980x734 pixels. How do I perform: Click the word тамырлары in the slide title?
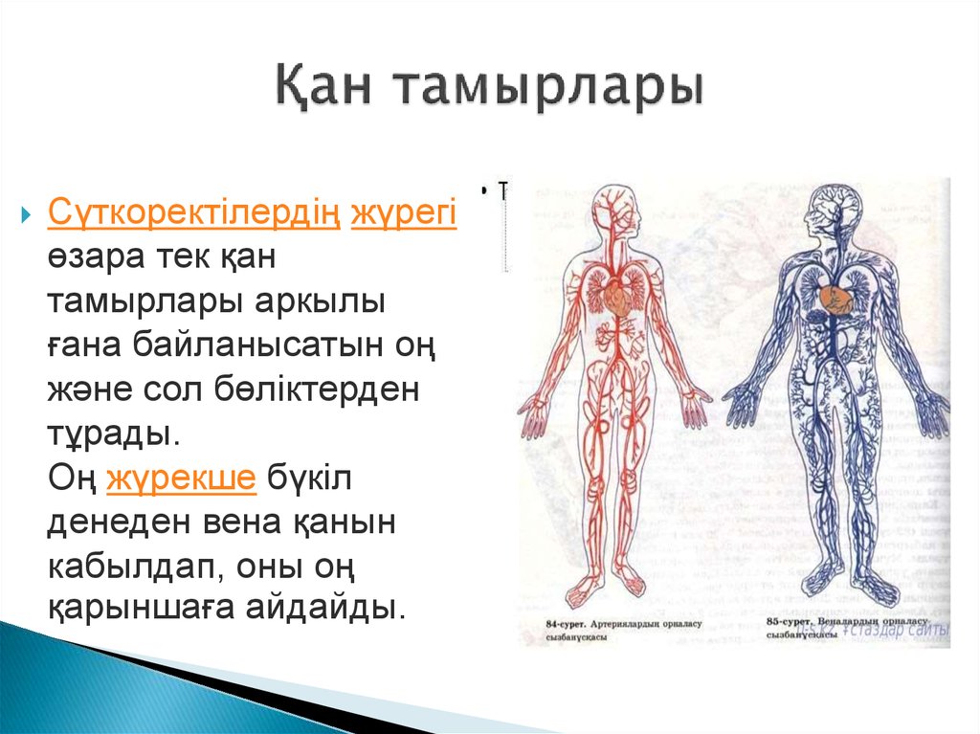[x=547, y=91]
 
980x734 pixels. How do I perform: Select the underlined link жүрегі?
[x=403, y=213]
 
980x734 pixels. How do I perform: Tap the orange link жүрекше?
[x=181, y=478]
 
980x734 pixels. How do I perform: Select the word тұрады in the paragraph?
[x=113, y=434]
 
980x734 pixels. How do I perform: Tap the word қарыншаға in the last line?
[x=159, y=609]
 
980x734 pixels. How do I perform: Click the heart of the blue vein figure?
[x=835, y=299]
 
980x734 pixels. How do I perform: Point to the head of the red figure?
[x=609, y=211]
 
